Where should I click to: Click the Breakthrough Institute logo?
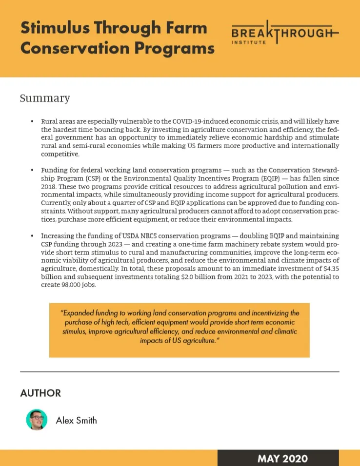(285, 35)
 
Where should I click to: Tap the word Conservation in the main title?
(66, 48)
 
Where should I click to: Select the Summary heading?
(45, 98)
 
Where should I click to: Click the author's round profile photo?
(37, 420)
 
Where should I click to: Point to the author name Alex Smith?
(76, 420)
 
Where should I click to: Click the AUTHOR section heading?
(40, 393)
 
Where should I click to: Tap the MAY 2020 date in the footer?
(282, 458)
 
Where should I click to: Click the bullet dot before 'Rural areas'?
(32, 121)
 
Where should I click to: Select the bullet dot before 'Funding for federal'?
(32, 170)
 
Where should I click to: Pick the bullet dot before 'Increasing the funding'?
(32, 236)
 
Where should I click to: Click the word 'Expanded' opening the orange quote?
(78, 313)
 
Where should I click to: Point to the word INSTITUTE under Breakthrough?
(249, 43)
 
